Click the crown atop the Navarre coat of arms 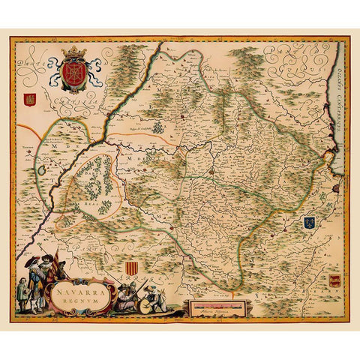pyautogui.click(x=73, y=53)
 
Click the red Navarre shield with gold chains pyautogui.click(x=73, y=72)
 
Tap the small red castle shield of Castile pyautogui.click(x=31, y=97)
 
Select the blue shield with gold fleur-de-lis pyautogui.click(x=308, y=222)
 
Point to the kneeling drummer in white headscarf pyautogui.click(x=154, y=298)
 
